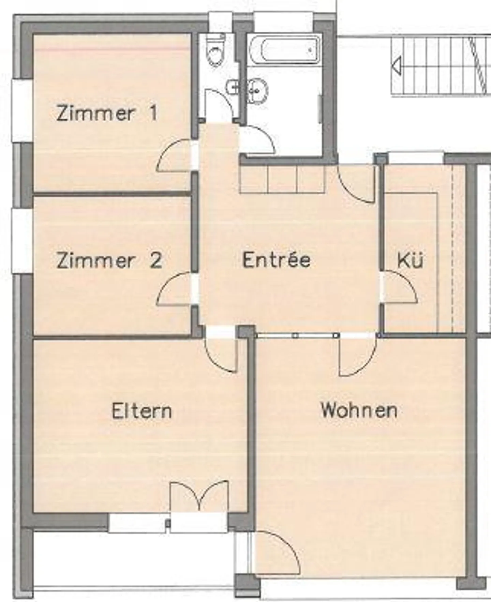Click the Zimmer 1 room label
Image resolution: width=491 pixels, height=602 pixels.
107,113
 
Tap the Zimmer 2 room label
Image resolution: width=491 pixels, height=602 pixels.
109,260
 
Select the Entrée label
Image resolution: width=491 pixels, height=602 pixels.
277,260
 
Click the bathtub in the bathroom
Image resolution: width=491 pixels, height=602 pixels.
285,50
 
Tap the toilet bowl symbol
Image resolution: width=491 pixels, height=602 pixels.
216,51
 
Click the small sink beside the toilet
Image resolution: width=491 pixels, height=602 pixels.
233,87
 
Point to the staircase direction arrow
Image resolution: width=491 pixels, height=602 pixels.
397,66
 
